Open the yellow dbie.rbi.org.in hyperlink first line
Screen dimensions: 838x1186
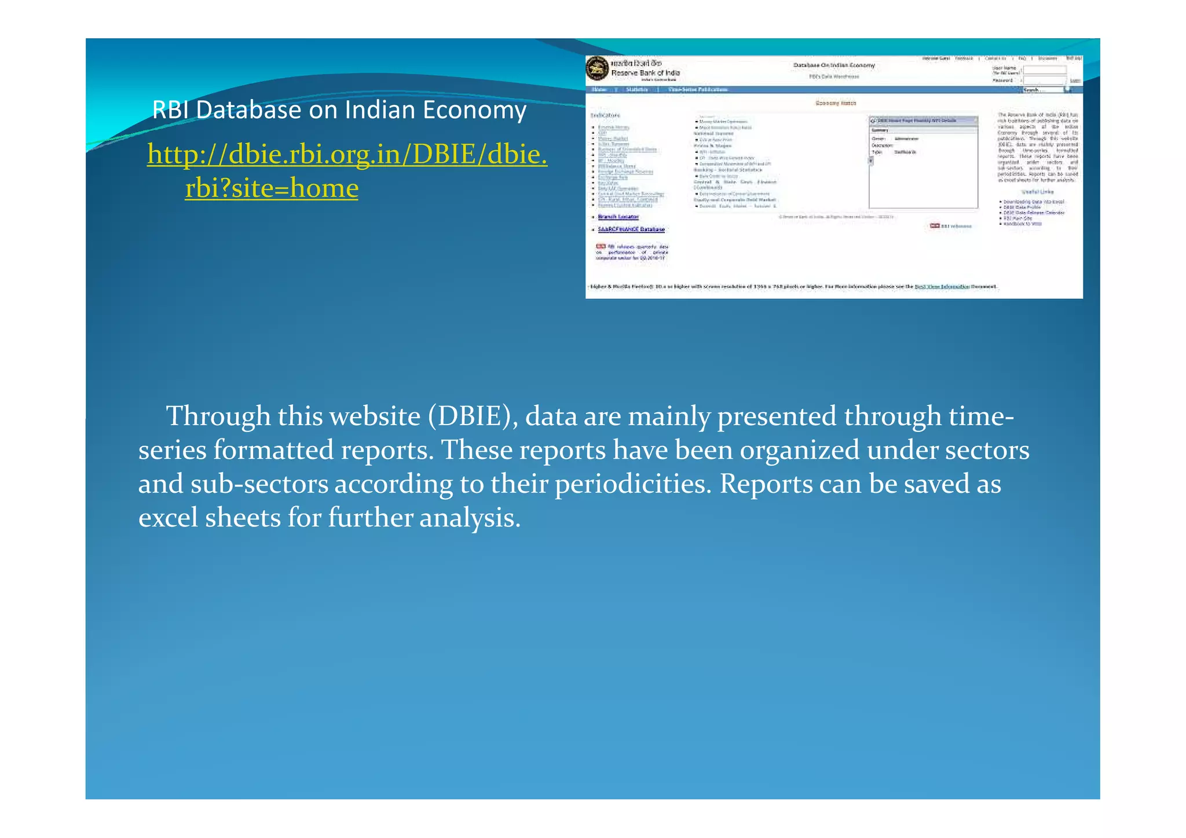point(347,155)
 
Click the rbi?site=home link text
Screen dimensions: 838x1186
point(272,188)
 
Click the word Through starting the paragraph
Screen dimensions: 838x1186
point(218,416)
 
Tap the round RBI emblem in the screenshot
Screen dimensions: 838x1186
point(597,68)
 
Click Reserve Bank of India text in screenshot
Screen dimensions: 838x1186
point(645,73)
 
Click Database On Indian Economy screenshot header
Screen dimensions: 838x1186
point(834,65)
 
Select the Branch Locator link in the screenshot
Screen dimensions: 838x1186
point(618,217)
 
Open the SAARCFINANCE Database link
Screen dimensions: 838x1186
point(631,229)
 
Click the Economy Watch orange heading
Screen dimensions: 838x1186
point(836,103)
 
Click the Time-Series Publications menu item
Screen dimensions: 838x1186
point(698,90)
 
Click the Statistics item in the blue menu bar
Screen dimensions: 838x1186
point(637,90)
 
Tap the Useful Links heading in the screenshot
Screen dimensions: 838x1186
point(1038,192)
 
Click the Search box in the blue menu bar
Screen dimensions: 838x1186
point(1042,90)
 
